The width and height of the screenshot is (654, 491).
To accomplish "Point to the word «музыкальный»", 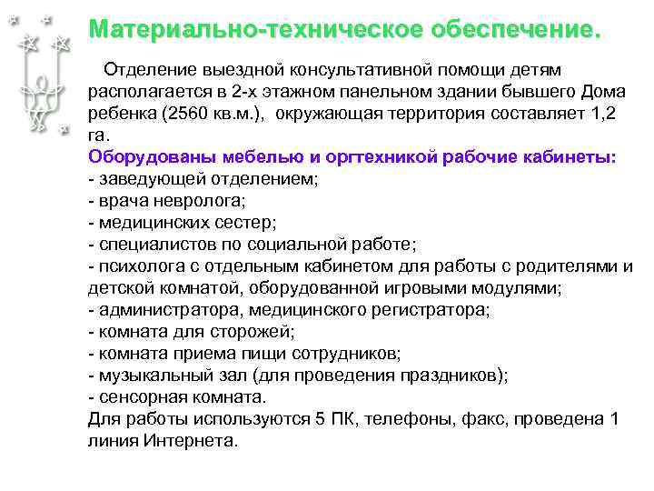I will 146,375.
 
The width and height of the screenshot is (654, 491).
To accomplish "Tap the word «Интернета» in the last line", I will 190,441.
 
